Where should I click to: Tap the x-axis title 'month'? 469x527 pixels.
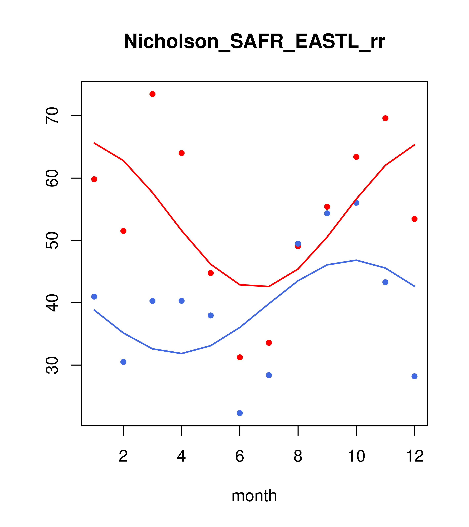(x=254, y=496)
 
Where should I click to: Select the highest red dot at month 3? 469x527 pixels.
(x=153, y=94)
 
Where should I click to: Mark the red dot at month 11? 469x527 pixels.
(x=385, y=118)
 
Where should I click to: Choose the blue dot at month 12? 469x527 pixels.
(x=415, y=376)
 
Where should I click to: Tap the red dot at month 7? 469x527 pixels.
(x=269, y=343)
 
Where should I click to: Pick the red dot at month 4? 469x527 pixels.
(x=182, y=153)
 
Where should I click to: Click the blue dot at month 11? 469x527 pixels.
(x=385, y=282)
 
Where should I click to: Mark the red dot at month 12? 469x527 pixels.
(x=415, y=219)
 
